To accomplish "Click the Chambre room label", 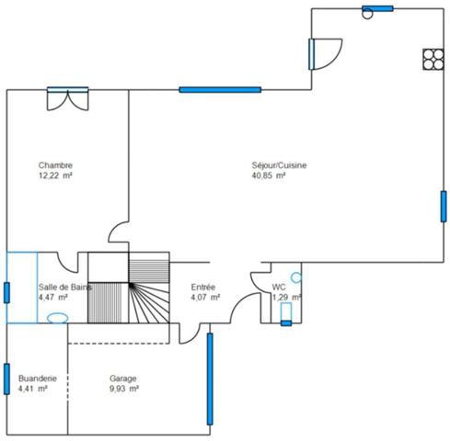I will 55,165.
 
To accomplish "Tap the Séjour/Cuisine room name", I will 279,165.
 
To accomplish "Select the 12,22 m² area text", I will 55,175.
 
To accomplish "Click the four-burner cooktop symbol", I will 431,58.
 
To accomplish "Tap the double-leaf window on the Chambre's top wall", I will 68,97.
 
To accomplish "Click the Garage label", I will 123,379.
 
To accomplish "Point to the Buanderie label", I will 38,379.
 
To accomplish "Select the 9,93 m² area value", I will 123,390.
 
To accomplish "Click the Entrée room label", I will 204,287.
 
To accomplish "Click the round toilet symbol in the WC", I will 295,277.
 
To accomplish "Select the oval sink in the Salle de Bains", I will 56,318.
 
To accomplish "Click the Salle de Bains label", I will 64,287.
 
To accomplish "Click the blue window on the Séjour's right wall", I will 443,206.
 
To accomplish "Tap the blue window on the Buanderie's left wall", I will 6,380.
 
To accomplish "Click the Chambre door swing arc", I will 117,230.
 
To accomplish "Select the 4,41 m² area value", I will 32,390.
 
